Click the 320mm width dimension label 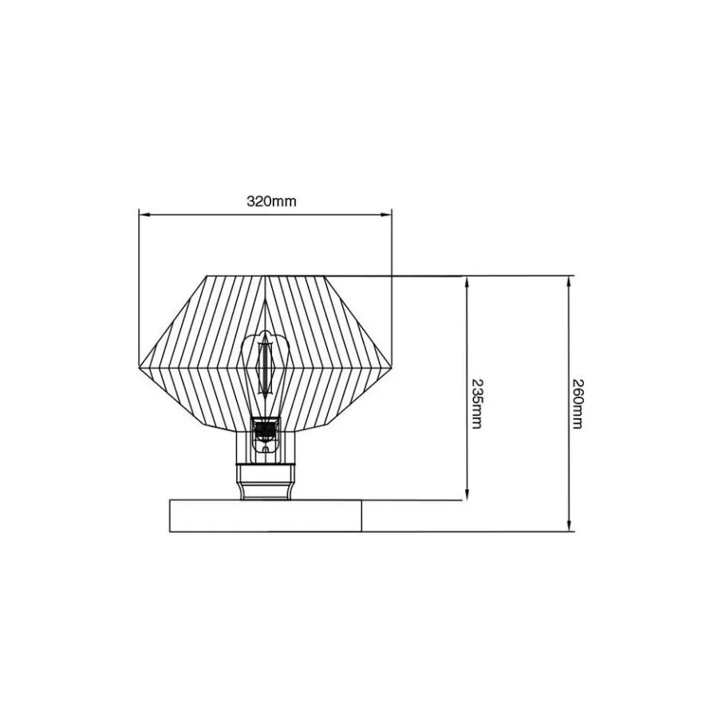click(x=271, y=201)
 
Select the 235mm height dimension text click(x=477, y=404)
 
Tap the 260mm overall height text click(x=578, y=404)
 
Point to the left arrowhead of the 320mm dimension click(x=144, y=215)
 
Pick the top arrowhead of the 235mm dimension click(x=467, y=282)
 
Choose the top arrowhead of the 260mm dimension click(x=569, y=282)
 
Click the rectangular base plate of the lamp click(x=266, y=516)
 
